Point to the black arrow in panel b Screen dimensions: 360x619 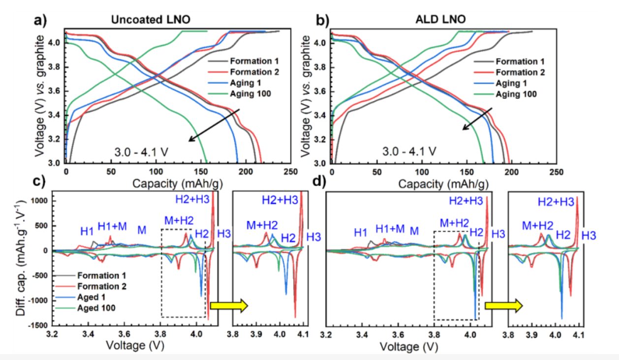[476, 120]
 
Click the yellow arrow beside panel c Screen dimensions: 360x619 [228, 305]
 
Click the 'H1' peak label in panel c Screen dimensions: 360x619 [87, 231]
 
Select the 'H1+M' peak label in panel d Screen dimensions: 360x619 [390, 229]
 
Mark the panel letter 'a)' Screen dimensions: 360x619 [41, 21]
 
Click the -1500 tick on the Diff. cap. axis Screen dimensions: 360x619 [38, 326]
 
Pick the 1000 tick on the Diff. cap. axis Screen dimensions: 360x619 [40, 201]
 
